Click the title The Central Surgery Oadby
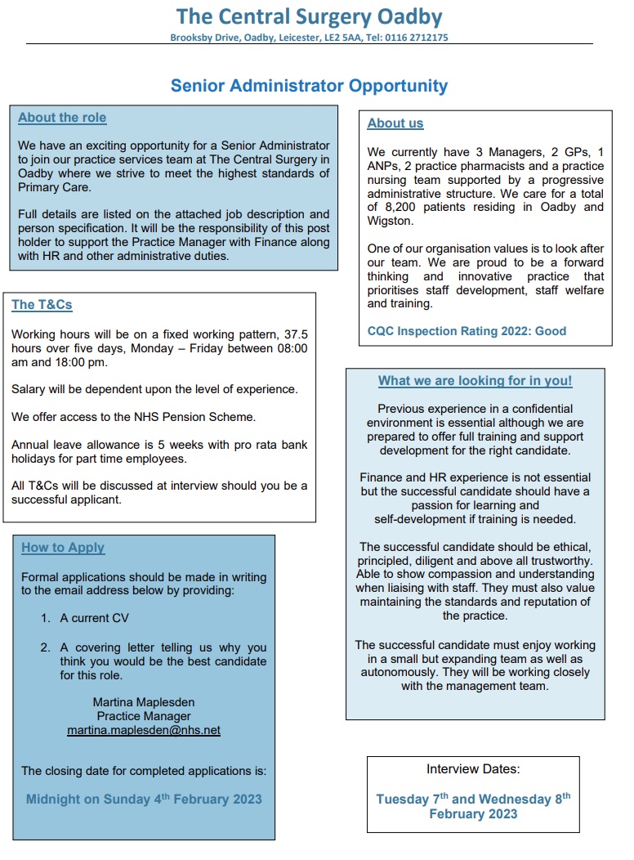point(310,16)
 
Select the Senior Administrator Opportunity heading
point(309,86)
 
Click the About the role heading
point(62,118)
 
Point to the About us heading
point(395,123)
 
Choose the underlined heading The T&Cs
point(42,305)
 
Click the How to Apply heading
point(63,548)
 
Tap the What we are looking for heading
point(475,381)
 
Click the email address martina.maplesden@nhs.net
point(144,730)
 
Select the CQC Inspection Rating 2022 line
point(467,331)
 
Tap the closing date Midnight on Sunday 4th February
point(144,800)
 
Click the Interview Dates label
point(472,769)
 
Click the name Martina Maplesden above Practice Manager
point(144,702)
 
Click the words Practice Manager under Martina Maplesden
point(144,716)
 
